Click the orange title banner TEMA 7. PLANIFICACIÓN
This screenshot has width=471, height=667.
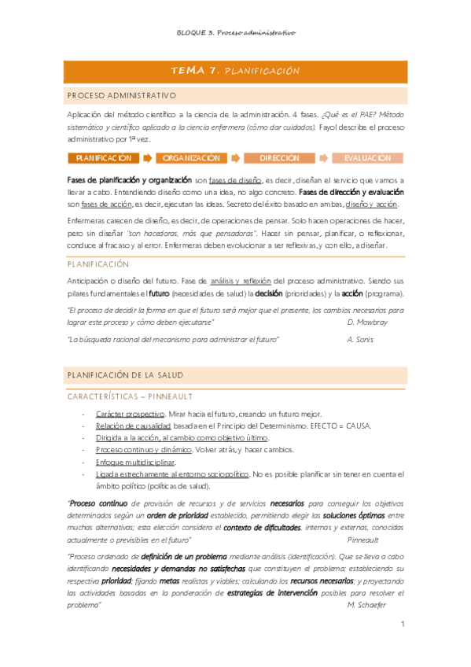(235, 71)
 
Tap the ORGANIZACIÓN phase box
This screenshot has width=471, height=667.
(191, 158)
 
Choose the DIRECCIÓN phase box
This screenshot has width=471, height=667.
(279, 158)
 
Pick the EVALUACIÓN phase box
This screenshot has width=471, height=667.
(366, 158)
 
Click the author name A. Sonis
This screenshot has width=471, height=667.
(360, 340)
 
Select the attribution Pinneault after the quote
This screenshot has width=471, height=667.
(362, 541)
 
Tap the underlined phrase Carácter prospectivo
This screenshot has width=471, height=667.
(130, 414)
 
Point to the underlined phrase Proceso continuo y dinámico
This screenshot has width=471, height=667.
(143, 450)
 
